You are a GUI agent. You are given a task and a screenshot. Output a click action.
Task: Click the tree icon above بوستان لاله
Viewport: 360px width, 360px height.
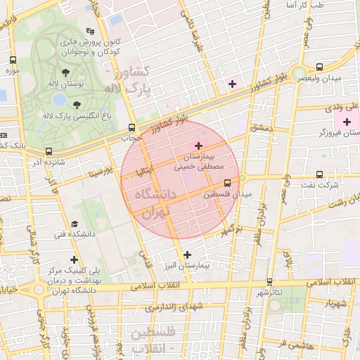click(x=65, y=72)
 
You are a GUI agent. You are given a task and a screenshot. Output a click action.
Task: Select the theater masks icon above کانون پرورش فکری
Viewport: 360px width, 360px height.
click(x=90, y=31)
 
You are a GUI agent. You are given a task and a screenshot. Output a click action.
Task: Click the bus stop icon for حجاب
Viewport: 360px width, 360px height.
click(x=132, y=127)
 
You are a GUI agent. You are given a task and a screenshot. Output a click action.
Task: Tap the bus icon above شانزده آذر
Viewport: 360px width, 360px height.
click(x=49, y=151)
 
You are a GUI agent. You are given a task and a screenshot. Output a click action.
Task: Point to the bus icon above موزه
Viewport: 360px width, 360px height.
click(x=12, y=60)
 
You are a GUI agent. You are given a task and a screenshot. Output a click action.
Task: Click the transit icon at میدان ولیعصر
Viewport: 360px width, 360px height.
click(x=320, y=67)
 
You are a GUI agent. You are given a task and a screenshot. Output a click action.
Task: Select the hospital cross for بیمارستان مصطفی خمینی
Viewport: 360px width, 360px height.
click(x=198, y=145)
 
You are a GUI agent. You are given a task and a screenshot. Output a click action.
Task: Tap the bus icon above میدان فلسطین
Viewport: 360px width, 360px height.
click(x=227, y=183)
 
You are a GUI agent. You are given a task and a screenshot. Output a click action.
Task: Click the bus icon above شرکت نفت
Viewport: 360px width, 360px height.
click(x=320, y=174)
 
